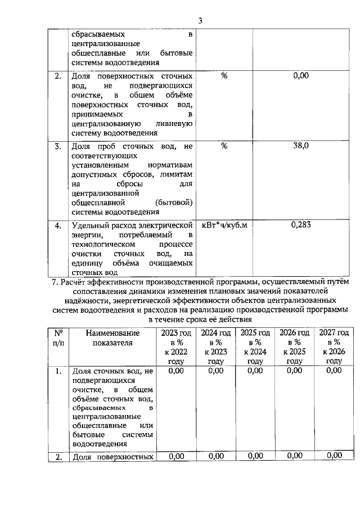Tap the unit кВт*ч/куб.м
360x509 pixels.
click(224, 226)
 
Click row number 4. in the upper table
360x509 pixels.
click(57, 226)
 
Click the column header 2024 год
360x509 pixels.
click(215, 333)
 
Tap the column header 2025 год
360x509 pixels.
click(255, 333)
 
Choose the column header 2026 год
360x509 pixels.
click(294, 333)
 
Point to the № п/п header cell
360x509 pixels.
click(57, 337)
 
